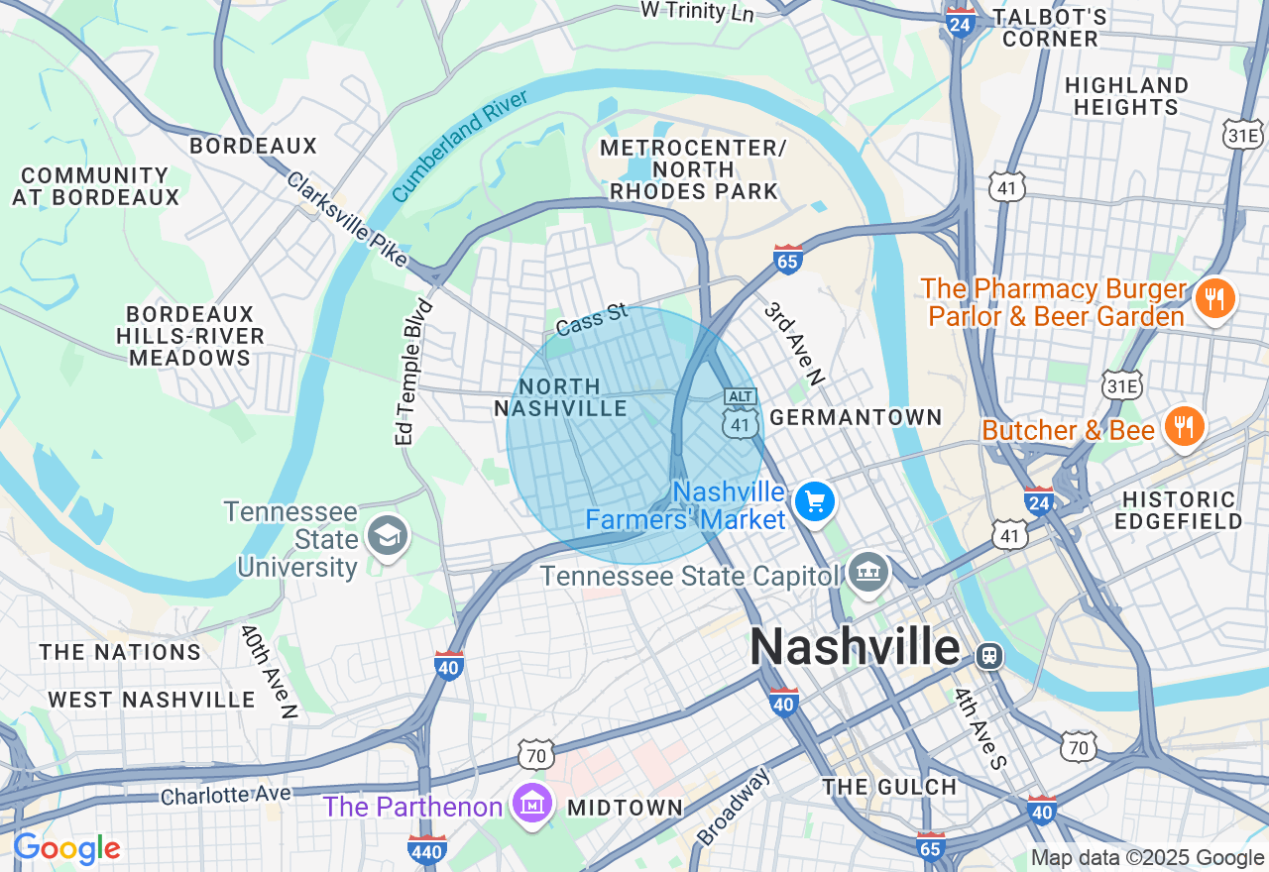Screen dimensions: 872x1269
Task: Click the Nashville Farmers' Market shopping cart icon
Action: (x=815, y=501)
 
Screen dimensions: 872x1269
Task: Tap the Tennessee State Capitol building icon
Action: (x=868, y=574)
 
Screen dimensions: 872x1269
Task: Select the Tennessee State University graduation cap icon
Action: (x=387, y=536)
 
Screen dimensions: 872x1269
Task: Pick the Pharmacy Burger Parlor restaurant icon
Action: (x=1214, y=297)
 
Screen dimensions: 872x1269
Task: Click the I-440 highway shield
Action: (x=427, y=849)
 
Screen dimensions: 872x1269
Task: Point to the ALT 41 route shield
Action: (x=741, y=414)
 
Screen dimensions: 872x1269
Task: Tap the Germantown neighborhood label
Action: (x=856, y=417)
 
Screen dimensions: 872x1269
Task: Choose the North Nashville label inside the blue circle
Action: (x=561, y=397)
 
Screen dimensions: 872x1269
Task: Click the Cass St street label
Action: (x=592, y=319)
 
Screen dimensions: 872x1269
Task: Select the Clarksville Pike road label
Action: (x=347, y=220)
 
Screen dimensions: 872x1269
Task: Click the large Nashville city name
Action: (x=855, y=648)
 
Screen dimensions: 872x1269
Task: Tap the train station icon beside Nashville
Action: (x=988, y=655)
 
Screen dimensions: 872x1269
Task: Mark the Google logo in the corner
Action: (x=66, y=849)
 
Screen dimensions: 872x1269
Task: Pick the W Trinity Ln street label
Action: (x=697, y=11)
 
